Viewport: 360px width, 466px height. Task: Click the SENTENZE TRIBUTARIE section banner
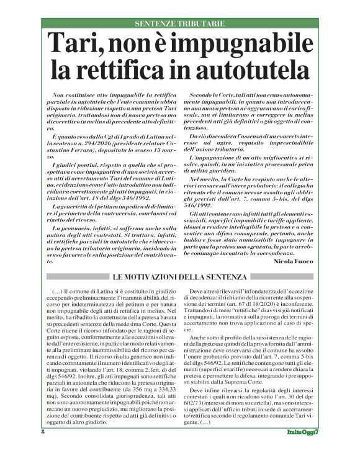180,23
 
